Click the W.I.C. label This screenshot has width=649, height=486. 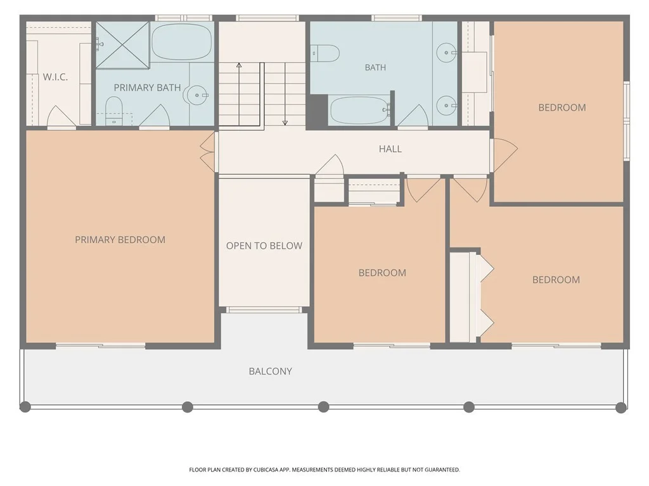[x=55, y=77]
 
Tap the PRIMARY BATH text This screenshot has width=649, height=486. [x=147, y=87]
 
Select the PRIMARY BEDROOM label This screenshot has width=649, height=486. [x=120, y=240]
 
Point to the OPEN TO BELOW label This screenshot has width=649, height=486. [x=264, y=246]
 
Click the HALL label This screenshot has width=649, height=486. [x=390, y=149]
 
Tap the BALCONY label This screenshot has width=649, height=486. [x=270, y=371]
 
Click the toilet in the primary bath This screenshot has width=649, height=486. [x=114, y=110]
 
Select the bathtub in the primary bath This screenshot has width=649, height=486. [x=182, y=42]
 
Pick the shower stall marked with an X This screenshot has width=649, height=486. [x=122, y=45]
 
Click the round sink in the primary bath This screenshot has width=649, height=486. [x=197, y=95]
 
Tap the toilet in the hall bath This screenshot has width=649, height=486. [x=325, y=53]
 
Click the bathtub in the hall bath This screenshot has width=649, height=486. [x=360, y=110]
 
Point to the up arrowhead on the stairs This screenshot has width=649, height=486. [x=239, y=65]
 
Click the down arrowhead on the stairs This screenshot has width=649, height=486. [x=285, y=122]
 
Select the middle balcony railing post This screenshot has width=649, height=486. [x=324, y=407]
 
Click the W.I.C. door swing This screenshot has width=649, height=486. [x=61, y=116]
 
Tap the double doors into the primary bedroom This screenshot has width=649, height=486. [x=208, y=152]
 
